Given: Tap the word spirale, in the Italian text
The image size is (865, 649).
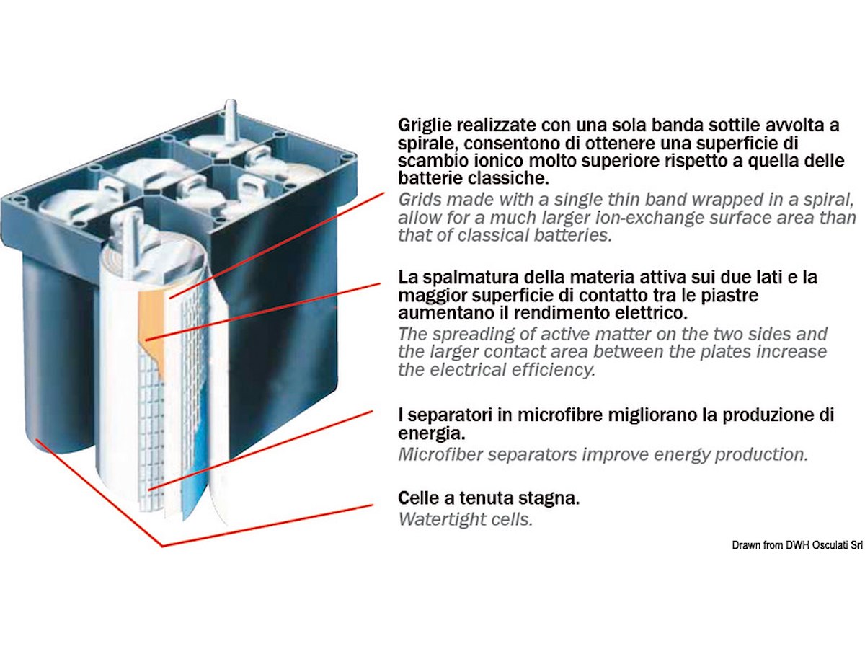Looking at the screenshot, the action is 427,144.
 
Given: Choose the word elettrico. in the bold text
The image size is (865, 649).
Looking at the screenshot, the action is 649,313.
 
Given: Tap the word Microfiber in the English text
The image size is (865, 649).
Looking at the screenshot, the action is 440,454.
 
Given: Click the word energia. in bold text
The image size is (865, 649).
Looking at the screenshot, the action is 432,434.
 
